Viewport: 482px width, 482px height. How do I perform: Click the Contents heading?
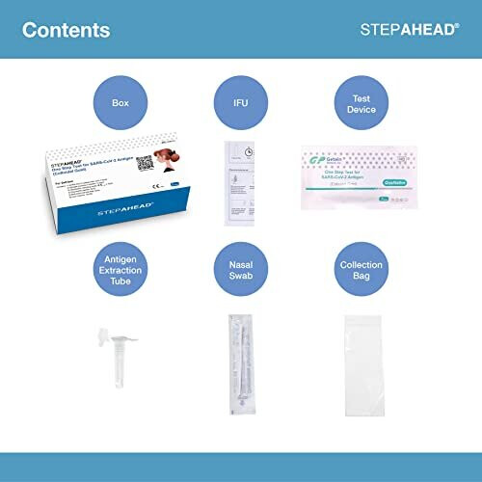click(x=66, y=30)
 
